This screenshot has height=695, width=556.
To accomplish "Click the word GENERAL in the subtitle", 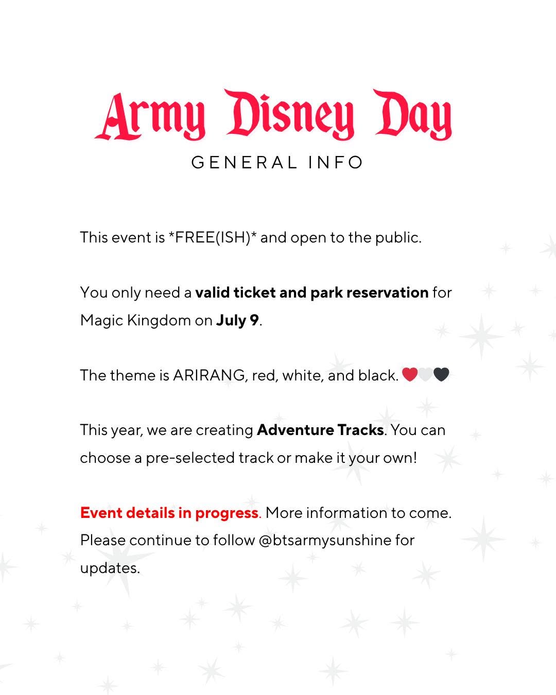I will click(244, 163).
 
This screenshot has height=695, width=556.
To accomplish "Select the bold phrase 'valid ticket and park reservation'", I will click(312, 292).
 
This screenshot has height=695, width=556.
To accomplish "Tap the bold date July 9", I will click(237, 320).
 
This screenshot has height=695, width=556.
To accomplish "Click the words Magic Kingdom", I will click(135, 320).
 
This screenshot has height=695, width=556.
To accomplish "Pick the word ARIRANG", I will click(209, 375).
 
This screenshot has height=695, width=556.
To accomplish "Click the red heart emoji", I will click(410, 375).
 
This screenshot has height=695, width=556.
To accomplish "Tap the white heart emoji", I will click(426, 375).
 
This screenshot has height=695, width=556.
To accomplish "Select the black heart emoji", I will click(442, 375).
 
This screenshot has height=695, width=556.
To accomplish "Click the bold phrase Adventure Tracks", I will click(320, 430).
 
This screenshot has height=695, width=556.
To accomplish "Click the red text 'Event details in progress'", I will click(169, 513).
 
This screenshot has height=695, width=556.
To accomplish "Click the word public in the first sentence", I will click(397, 238).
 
